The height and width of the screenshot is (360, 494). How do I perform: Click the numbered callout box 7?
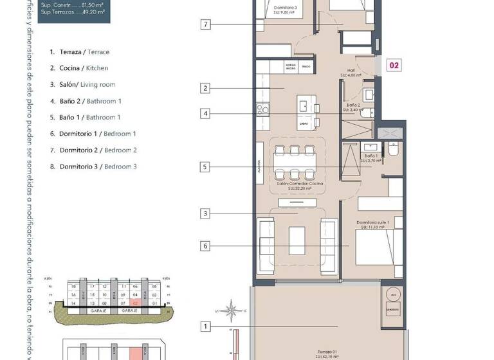[206, 25]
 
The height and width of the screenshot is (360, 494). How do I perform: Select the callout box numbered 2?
[206, 89]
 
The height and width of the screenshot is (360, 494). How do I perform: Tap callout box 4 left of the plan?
[206, 114]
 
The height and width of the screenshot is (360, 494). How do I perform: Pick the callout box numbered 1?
[206, 327]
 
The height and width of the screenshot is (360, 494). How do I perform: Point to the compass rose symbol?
[230, 310]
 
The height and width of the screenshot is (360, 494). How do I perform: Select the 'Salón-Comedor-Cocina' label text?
[300, 184]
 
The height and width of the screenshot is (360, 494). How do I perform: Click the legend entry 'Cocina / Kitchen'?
[79, 68]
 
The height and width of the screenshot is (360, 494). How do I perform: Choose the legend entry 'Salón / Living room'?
[82, 85]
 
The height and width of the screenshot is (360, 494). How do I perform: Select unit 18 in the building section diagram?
[74, 287]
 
